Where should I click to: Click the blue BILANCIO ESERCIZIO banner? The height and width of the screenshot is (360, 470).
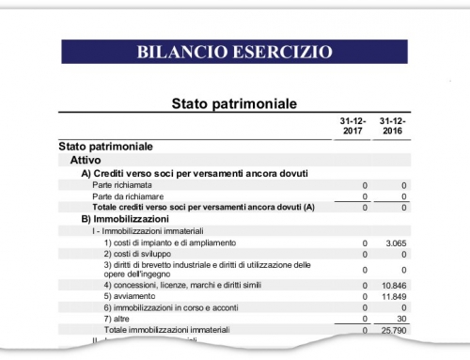(234, 51)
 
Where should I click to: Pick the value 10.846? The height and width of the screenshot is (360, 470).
(396, 284)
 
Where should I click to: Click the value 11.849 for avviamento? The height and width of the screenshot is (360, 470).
(396, 296)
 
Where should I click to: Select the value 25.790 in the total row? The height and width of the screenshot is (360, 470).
(396, 330)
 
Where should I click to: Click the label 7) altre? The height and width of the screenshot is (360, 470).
(123, 319)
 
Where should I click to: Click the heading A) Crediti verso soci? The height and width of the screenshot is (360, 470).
(195, 173)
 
